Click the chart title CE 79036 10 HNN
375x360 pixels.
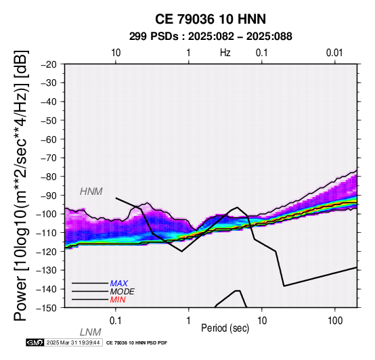[x=211, y=19]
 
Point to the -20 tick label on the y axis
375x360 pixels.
[x=49, y=64]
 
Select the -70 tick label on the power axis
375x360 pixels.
[x=49, y=158]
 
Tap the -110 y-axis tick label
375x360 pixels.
[x=47, y=233]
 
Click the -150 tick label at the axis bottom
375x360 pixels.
[x=47, y=308]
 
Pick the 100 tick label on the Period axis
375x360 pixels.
[x=335, y=321]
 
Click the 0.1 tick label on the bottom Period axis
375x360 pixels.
[x=116, y=321]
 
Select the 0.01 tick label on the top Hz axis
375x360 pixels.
[x=334, y=53]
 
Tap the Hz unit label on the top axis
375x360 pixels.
[x=225, y=53]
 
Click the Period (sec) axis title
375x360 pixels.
[x=225, y=328]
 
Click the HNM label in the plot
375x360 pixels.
[x=91, y=192]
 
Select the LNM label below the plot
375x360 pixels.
[x=91, y=332]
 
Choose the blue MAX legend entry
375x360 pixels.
[x=118, y=284]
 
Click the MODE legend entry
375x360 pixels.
[x=123, y=292]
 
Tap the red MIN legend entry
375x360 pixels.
[x=118, y=300]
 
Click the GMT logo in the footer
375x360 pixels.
[x=35, y=342]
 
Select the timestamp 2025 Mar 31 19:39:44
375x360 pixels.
[x=73, y=342]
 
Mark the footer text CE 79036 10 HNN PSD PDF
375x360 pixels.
[x=137, y=343]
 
